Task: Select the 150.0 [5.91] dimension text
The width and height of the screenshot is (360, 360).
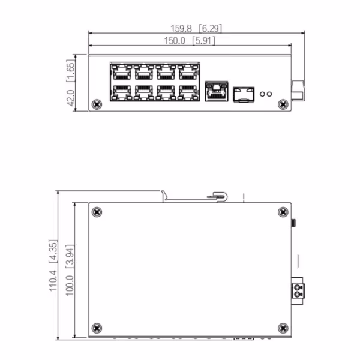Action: point(189,41)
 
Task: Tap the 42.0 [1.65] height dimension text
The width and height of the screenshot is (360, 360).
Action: point(70,83)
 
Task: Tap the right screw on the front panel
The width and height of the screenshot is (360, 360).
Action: point(283,105)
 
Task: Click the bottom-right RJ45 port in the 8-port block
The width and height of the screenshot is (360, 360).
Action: point(187,92)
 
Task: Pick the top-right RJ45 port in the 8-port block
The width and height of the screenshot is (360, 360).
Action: point(187,72)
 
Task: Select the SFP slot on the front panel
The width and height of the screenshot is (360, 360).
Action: point(243,93)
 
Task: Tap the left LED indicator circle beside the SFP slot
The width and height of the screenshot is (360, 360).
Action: point(265,94)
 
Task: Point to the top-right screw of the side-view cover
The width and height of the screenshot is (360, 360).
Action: point(283,212)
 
